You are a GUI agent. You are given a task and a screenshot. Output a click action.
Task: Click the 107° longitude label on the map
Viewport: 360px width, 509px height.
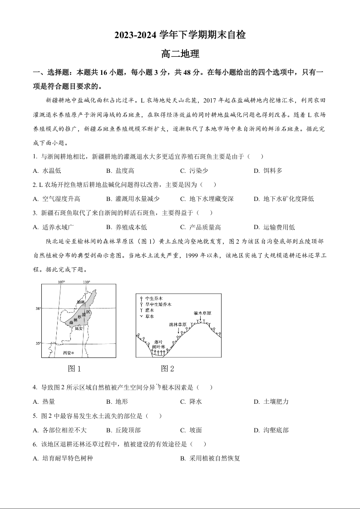tap(61, 282)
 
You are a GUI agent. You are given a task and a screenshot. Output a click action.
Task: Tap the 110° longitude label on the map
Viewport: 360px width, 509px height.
tap(87, 282)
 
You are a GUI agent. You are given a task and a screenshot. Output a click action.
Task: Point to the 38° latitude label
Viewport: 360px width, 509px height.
tap(38, 308)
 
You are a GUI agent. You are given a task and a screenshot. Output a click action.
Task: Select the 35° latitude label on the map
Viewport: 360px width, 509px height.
tap(38, 343)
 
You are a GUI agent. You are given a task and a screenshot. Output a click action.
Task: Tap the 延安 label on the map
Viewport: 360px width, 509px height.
tap(79, 328)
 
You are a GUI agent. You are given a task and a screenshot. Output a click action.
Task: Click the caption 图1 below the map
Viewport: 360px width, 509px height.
tap(74, 368)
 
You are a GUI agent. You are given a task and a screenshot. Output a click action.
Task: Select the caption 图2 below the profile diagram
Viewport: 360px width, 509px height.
tap(168, 368)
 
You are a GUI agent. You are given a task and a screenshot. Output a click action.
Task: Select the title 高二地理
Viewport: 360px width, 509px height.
tap(180, 54)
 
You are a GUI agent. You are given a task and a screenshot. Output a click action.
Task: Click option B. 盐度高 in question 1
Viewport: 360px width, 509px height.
tap(120, 171)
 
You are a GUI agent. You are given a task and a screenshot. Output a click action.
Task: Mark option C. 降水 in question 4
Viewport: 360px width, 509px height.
tap(191, 401)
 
